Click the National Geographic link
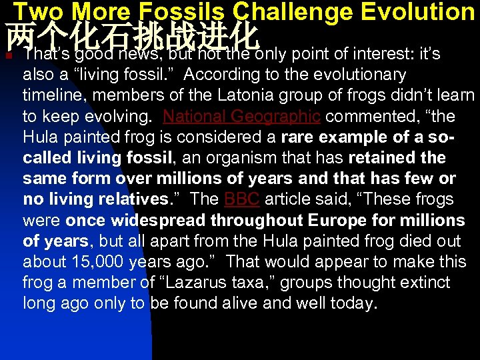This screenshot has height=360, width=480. click(241, 117)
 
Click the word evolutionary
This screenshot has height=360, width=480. click(349, 75)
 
